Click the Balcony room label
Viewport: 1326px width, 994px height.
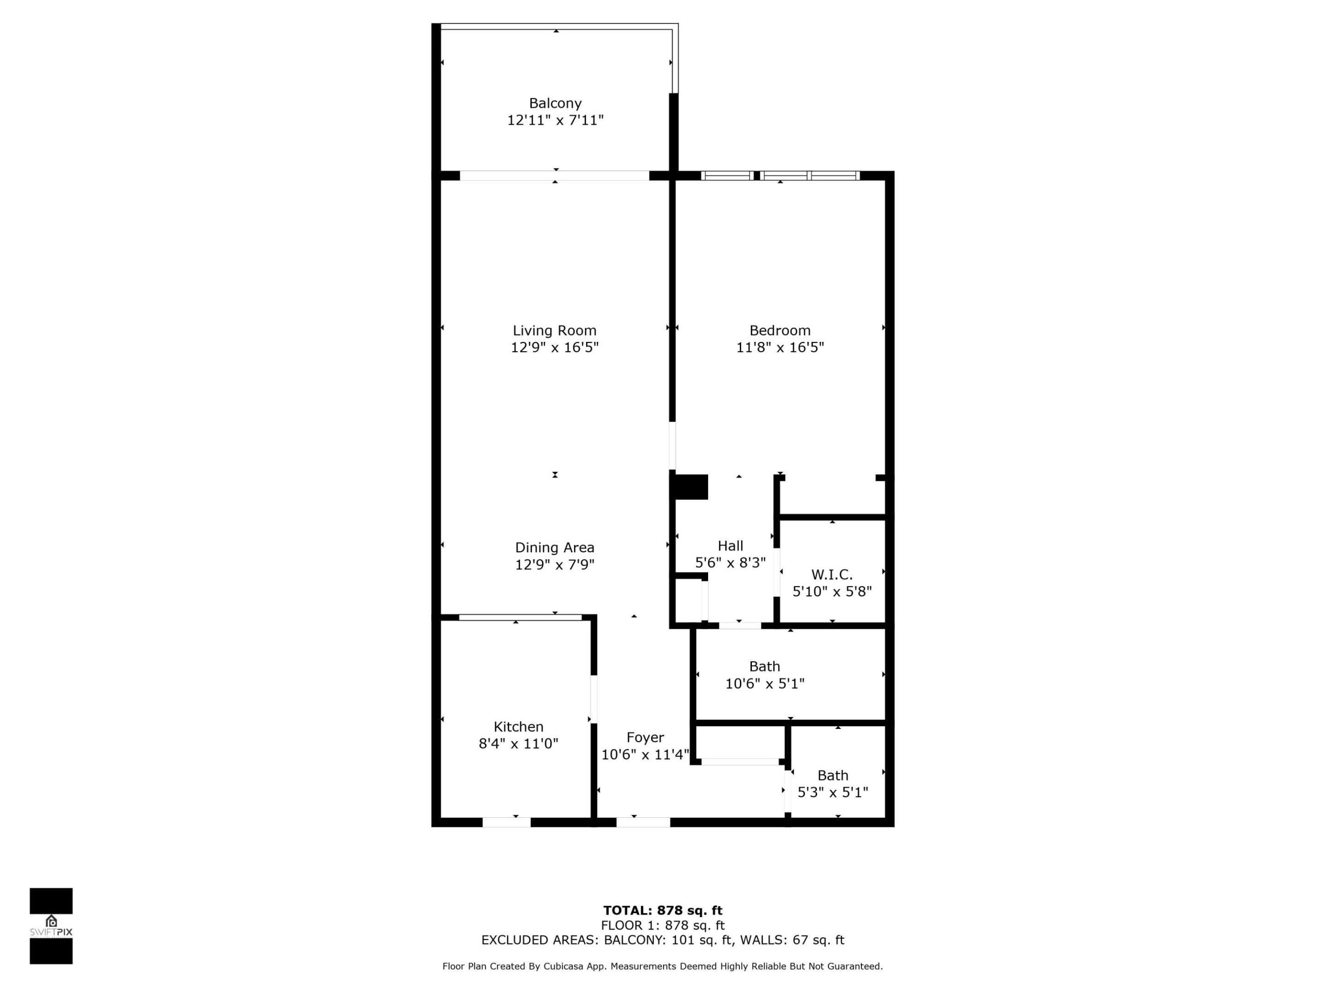(x=555, y=104)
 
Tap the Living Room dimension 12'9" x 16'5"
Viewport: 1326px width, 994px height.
(x=554, y=347)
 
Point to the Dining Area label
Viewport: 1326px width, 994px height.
(x=554, y=548)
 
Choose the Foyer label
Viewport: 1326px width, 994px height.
(x=645, y=738)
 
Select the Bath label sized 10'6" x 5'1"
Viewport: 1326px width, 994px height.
(x=764, y=666)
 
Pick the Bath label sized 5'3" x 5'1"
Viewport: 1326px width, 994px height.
(x=832, y=775)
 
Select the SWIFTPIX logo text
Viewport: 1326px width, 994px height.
(x=51, y=932)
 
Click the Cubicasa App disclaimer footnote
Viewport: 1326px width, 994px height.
(x=663, y=966)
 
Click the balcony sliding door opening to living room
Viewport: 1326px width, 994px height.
(x=554, y=175)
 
